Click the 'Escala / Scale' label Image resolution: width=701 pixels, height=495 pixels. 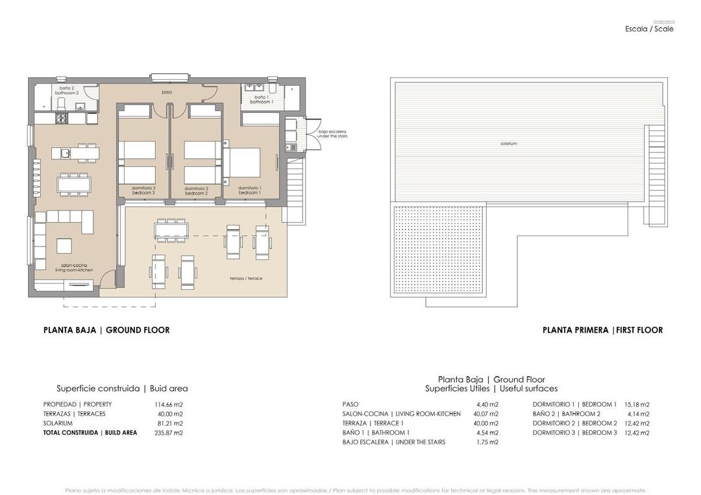[649, 29]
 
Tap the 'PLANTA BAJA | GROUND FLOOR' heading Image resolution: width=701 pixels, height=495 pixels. [106, 330]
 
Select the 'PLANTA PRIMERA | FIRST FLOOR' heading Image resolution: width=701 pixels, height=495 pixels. [602, 330]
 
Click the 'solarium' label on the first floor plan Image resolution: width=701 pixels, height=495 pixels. [508, 143]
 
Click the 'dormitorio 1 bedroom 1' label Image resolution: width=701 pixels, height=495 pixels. [249, 191]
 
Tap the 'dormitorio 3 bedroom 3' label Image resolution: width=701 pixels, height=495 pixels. [143, 191]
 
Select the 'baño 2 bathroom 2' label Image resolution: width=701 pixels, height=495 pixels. [69, 90]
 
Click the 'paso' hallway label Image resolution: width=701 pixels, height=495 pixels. [167, 92]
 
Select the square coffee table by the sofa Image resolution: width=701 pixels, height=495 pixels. [65, 246]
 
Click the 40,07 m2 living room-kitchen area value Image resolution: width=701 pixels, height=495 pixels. [487, 414]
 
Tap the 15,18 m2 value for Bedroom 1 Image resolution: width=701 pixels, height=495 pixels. [636, 404]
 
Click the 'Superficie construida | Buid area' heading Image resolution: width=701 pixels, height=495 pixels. [122, 389]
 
